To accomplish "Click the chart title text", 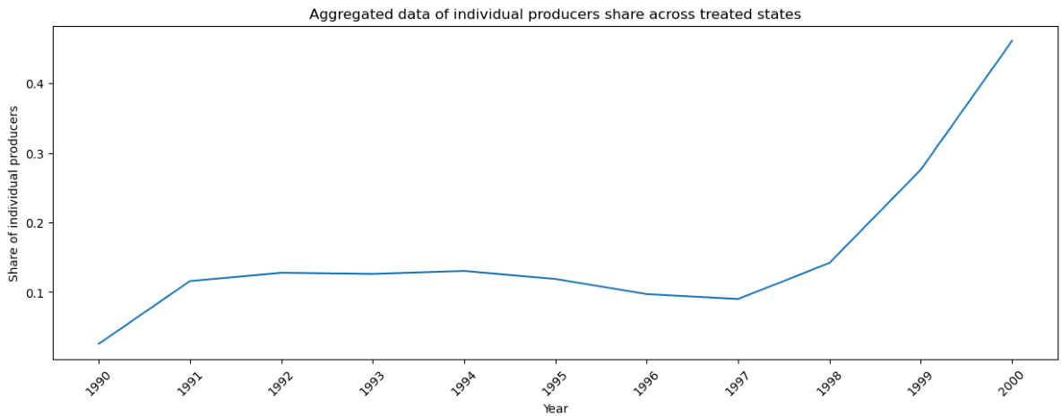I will (x=555, y=14).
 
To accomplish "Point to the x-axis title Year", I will (x=555, y=408).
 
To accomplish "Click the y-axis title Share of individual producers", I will (x=13, y=193).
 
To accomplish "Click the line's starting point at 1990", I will (x=99, y=343).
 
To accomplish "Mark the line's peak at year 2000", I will (x=1012, y=40).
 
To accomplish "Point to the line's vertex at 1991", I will (x=190, y=281).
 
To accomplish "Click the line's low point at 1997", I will (x=738, y=299).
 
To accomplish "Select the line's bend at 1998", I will (x=830, y=263).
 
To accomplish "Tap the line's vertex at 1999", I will (x=920, y=169).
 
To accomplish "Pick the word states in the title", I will (x=781, y=14).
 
